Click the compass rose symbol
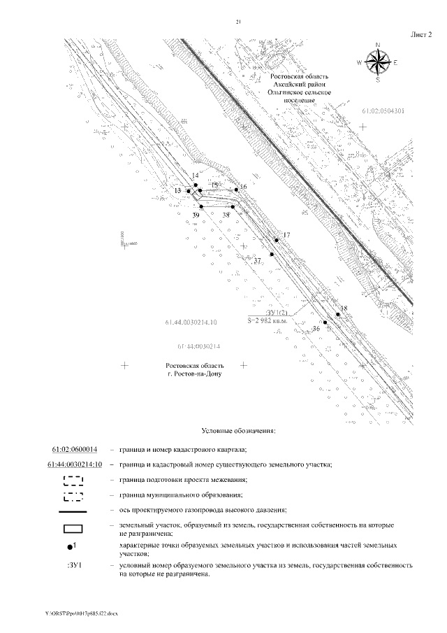[378, 62]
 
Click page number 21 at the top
[238, 23]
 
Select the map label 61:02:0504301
[384, 111]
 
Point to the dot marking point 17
[277, 240]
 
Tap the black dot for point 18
[338, 315]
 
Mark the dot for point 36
[325, 322]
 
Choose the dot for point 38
[232, 206]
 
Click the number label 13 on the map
[178, 190]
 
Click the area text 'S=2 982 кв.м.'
[274, 320]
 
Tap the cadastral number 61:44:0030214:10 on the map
[192, 322]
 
